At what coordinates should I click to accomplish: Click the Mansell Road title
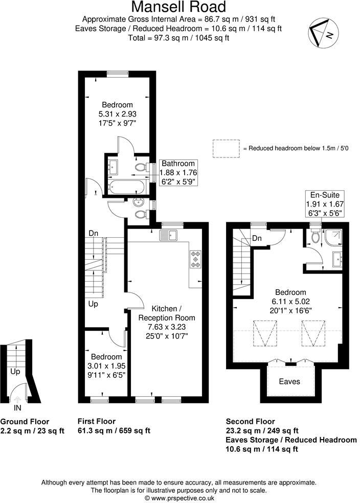[x=178, y=7]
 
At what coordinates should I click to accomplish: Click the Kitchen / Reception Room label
[x=167, y=313]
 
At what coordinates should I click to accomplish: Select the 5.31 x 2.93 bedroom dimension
[x=117, y=114]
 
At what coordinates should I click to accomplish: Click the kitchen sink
[x=168, y=236]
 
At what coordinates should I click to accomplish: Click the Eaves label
[x=289, y=381]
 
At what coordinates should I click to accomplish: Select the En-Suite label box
[x=325, y=203]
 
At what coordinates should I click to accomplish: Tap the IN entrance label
[x=18, y=408]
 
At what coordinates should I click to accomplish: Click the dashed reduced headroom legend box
[x=226, y=148]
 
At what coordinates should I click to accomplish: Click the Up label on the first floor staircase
[x=93, y=304]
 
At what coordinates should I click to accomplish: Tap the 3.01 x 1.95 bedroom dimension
[x=106, y=365]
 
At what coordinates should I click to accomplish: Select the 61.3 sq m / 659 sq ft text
[x=114, y=430]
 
